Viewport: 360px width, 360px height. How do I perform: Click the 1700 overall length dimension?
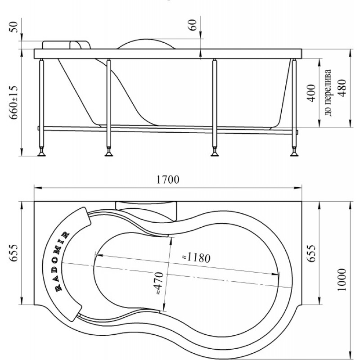click(x=168, y=180)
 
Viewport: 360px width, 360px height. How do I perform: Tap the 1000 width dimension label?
click(x=342, y=279)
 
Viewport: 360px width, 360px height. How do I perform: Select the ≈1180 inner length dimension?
click(x=196, y=257)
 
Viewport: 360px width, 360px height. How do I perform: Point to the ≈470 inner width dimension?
click(x=159, y=283)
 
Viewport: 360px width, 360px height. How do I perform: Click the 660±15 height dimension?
click(x=13, y=103)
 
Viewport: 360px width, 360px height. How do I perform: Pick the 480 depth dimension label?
click(x=342, y=88)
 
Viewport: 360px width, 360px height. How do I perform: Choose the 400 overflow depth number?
click(x=311, y=93)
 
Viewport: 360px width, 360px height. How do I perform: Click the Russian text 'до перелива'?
click(x=328, y=93)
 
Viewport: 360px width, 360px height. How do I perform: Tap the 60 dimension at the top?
click(x=193, y=25)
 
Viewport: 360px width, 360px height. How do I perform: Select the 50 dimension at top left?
click(x=13, y=27)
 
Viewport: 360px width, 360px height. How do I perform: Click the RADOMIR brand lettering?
click(x=61, y=261)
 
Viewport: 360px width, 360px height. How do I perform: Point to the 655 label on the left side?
click(x=13, y=253)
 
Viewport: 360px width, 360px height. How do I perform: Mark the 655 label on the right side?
click(x=311, y=253)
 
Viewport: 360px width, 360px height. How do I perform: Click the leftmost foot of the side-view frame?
click(x=41, y=152)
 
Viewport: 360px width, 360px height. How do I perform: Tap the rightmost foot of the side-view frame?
click(x=294, y=152)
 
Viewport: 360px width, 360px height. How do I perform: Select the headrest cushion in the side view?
click(x=66, y=45)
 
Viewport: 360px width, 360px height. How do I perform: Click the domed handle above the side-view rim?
click(x=146, y=44)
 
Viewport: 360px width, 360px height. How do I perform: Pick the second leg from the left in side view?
click(x=109, y=108)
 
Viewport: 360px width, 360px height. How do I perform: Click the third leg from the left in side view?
click(x=215, y=108)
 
